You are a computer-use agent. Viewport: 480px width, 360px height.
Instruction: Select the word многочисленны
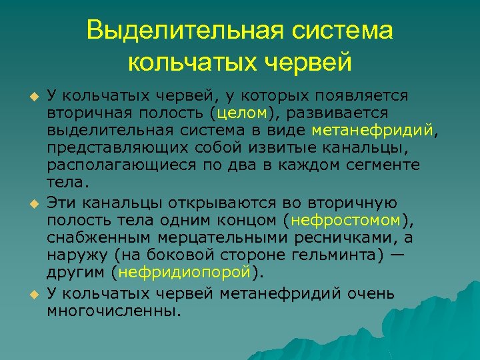(x=113, y=311)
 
